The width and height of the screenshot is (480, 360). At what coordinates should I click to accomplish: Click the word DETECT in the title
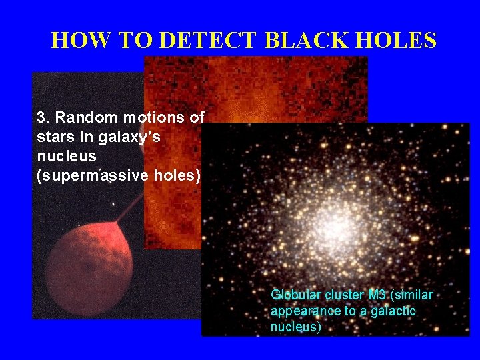click(208, 41)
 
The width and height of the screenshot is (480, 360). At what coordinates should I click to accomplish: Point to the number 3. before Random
click(43, 118)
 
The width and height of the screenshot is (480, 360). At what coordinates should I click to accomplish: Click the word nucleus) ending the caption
click(295, 327)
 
